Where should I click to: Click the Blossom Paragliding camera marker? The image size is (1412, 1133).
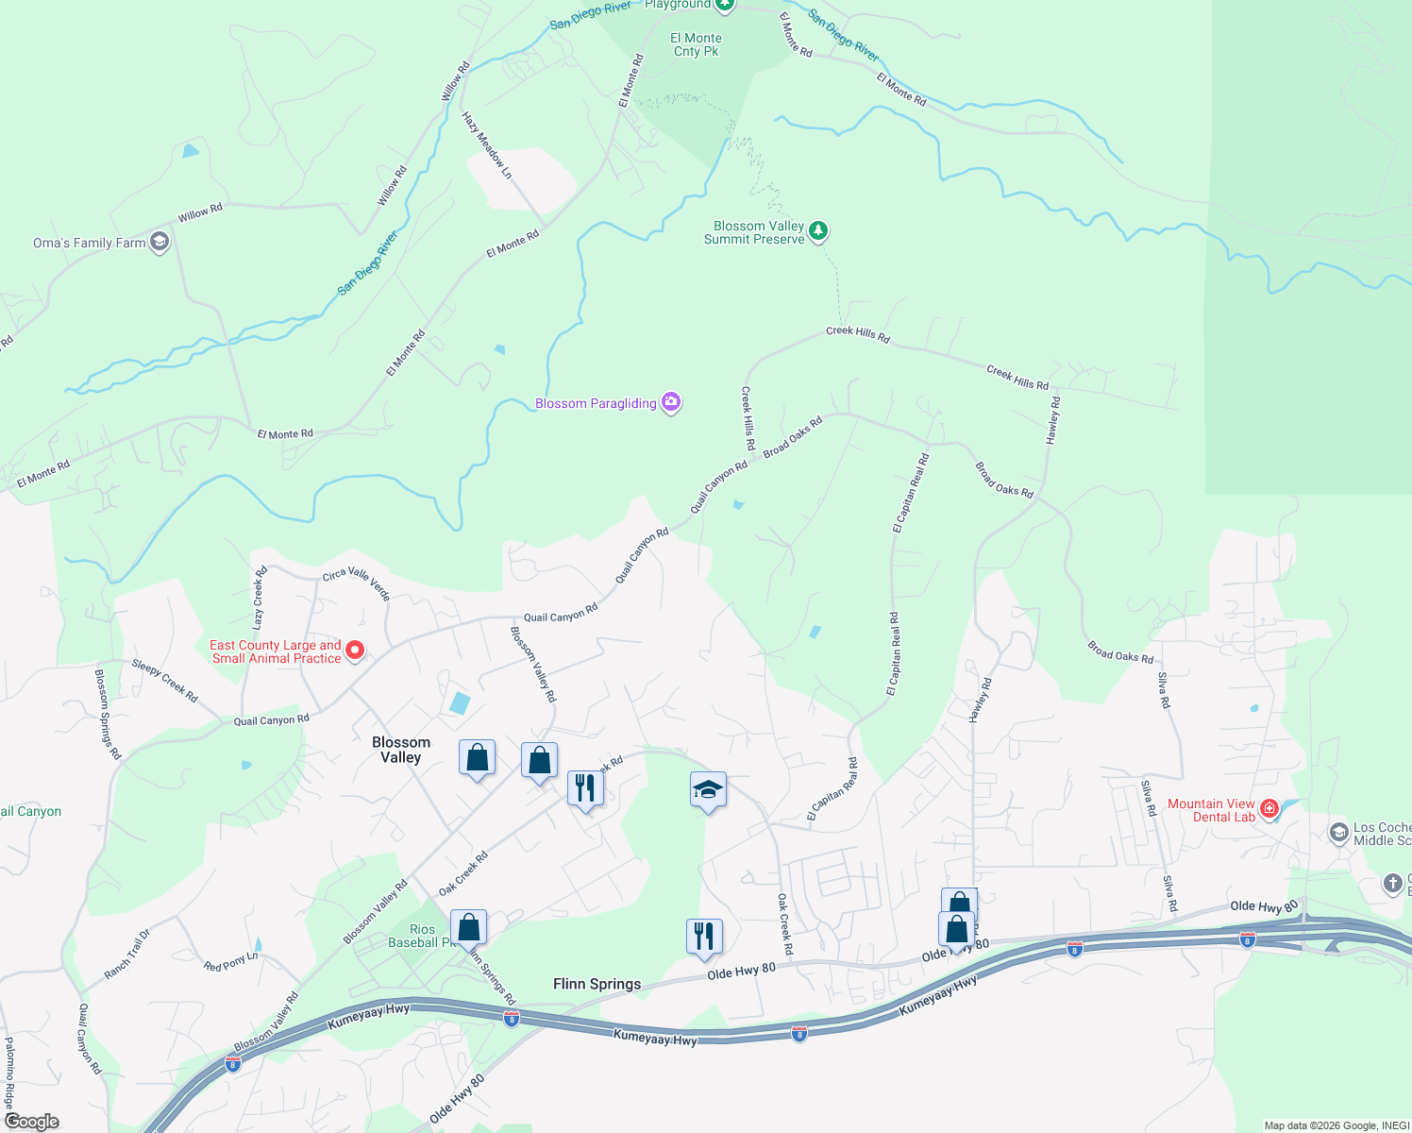[671, 403]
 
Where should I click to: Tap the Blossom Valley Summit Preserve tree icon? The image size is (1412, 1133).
[818, 230]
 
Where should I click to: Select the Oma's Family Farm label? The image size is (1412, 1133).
[90, 244]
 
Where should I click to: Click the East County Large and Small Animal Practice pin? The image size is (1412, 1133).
[355, 650]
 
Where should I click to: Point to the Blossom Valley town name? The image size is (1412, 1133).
[401, 750]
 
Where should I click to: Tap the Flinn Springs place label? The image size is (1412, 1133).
[597, 984]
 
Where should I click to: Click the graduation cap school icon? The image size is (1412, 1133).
[707, 790]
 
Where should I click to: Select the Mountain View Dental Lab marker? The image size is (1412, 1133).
[1269, 808]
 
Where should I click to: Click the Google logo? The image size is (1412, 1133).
[31, 1121]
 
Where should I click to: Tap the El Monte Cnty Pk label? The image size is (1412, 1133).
[697, 44]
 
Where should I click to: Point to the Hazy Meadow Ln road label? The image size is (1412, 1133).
[487, 144]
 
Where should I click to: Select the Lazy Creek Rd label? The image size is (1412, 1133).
[260, 598]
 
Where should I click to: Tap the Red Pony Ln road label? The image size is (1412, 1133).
[230, 962]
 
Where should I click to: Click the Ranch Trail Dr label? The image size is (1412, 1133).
[126, 955]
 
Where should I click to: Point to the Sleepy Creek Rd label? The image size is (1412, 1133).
[165, 680]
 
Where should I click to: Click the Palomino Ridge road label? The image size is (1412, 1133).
[9, 1074]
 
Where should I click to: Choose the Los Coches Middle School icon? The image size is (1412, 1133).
[1338, 833]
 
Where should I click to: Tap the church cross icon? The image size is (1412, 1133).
[1392, 884]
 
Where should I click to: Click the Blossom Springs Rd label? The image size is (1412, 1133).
[108, 714]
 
